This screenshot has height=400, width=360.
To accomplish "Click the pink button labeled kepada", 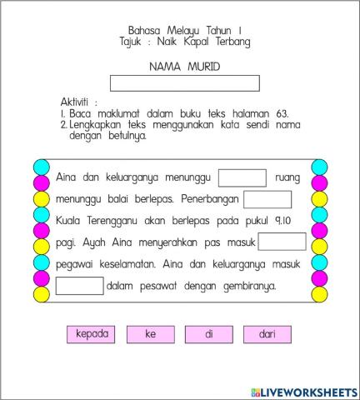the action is (92, 334).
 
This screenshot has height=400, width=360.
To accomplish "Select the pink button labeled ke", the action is (151, 334).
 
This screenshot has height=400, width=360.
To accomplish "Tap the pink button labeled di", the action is (209, 334).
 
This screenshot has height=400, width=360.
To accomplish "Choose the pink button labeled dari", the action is (267, 334).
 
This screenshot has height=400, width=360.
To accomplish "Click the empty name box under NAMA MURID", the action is (184, 83).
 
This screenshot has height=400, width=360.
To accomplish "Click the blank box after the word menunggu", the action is (242, 177).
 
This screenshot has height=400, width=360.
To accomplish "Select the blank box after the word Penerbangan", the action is (267, 199).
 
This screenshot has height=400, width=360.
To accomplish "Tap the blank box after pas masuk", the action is (282, 242).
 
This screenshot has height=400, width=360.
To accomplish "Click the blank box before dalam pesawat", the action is (80, 286).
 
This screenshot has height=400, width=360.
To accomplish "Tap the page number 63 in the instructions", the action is (282, 112).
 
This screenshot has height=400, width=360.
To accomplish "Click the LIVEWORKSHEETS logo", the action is (302, 392).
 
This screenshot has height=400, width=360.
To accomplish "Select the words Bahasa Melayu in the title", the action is (158, 30).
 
